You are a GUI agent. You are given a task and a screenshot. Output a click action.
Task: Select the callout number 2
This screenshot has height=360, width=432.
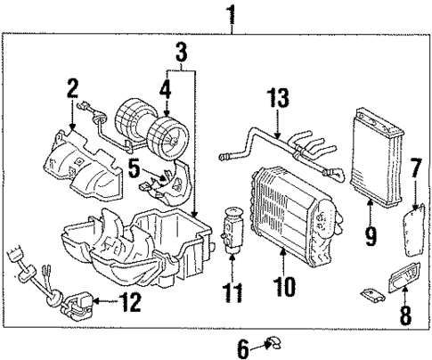71,87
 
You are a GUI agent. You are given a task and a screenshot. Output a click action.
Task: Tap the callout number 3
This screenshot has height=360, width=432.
181,53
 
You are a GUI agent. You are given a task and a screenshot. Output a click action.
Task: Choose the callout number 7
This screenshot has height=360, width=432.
415,167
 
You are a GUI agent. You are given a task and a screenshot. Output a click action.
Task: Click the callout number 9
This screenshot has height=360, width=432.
371,237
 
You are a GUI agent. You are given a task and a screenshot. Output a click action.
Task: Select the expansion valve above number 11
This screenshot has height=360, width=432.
232,227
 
